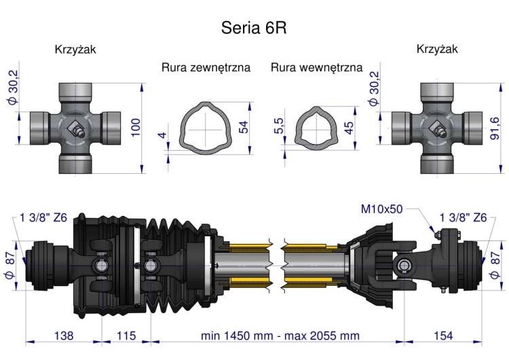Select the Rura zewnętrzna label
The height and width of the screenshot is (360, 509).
[x=206, y=68]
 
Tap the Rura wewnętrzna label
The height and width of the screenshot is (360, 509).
[x=316, y=68]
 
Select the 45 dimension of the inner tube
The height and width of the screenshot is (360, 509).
[x=349, y=128]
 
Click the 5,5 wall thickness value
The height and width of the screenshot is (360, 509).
[x=279, y=126]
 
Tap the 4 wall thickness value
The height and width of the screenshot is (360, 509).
[x=162, y=135]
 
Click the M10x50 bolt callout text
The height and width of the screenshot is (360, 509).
[x=381, y=209]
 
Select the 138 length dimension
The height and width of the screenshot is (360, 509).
[x=63, y=336]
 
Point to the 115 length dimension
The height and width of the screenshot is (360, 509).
[x=126, y=336]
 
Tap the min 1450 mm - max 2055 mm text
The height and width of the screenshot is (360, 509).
[x=280, y=336]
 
